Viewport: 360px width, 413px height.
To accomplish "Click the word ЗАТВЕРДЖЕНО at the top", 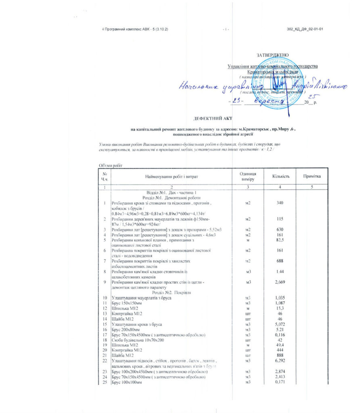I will (273, 55).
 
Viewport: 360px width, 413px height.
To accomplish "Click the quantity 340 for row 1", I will (278, 202).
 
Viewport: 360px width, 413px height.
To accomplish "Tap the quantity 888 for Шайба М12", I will (278, 356).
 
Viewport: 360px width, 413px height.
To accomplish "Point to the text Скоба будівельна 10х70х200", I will (138, 340).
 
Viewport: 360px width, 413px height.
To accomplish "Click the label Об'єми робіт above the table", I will (110, 165).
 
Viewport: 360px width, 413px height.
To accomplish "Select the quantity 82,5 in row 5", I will (278, 240).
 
